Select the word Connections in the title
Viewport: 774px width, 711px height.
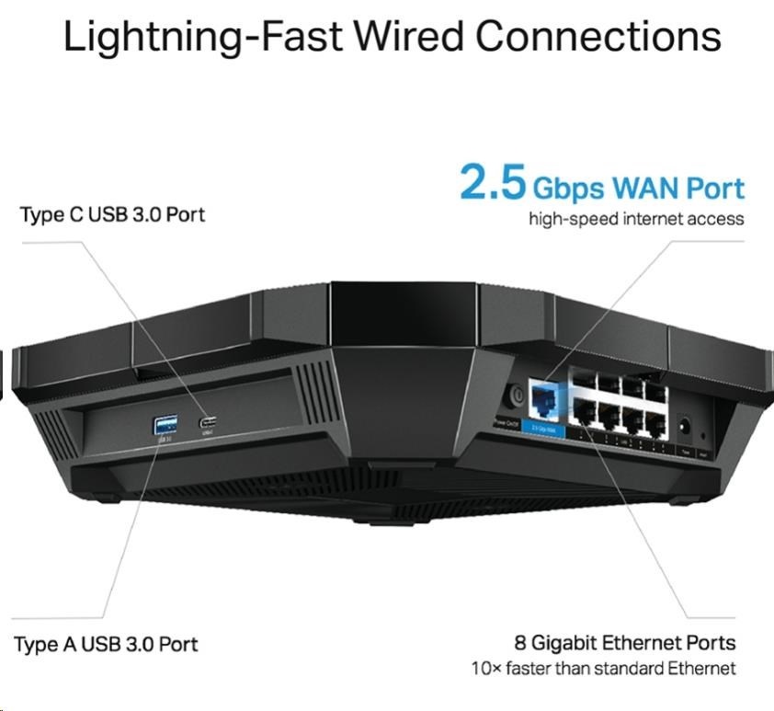pos(598,36)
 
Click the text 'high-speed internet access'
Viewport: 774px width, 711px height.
pos(636,219)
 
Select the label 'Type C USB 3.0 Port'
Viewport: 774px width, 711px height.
pos(112,214)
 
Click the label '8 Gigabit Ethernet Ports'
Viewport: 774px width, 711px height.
pos(625,642)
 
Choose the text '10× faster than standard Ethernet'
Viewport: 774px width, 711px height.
pos(603,669)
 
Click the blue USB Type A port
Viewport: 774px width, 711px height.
pos(165,424)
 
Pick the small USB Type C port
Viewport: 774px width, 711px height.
pos(209,423)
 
